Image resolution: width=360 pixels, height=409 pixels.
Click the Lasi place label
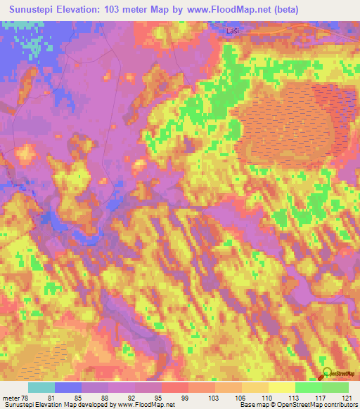click(233, 32)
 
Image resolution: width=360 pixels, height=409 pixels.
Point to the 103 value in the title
click(112, 9)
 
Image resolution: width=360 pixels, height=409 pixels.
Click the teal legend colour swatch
click(41, 387)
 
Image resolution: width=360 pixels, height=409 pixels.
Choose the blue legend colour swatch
click(68, 387)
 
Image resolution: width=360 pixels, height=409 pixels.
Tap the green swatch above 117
click(308, 387)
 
